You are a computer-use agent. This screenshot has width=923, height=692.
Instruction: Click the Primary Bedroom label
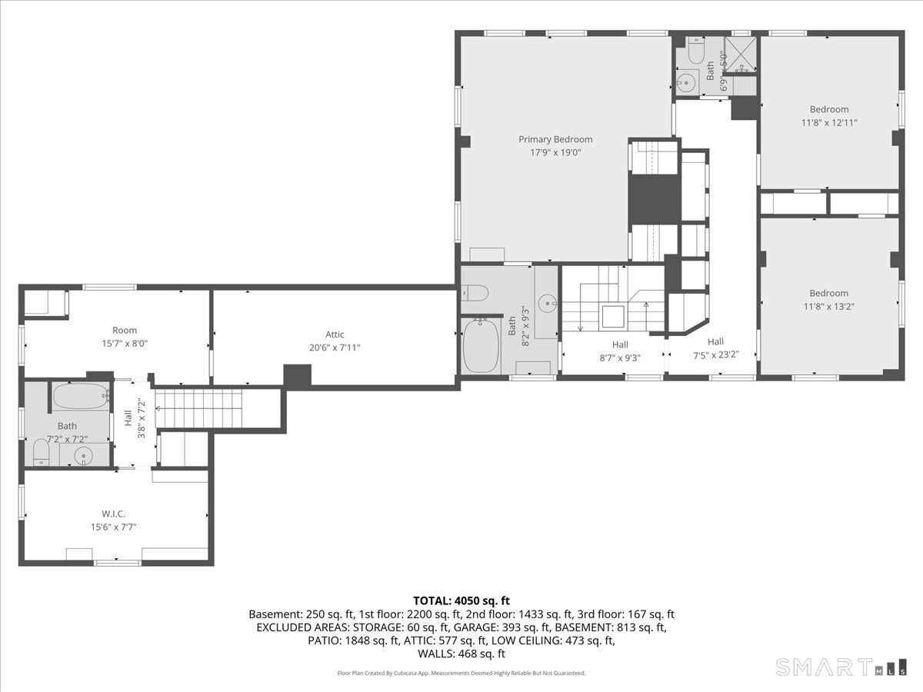555,139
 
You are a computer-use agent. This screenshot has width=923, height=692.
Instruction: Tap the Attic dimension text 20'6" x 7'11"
335,347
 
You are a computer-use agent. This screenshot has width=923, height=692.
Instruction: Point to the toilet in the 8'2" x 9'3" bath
475,292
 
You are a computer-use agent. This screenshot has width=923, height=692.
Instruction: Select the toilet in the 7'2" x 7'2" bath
42,453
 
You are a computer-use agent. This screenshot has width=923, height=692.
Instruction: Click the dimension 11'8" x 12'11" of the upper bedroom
828,122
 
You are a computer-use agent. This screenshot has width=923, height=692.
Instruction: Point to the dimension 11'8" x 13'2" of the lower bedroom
828,306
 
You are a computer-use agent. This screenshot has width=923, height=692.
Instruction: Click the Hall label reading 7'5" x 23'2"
715,348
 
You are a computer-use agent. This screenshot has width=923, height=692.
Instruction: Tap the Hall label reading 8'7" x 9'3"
620,351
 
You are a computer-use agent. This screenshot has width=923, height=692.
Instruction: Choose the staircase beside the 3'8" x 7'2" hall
199,408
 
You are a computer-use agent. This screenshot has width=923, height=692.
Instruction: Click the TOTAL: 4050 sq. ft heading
461,601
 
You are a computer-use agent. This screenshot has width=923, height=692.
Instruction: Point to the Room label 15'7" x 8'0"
125,338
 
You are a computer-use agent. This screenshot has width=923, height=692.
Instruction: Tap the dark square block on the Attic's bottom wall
297,376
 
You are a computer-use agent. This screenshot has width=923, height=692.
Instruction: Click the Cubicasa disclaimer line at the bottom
461,673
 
